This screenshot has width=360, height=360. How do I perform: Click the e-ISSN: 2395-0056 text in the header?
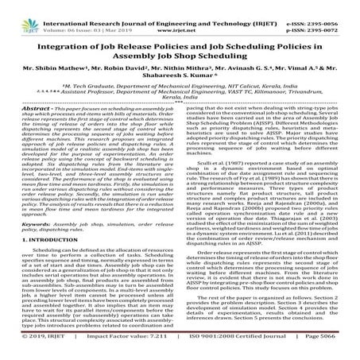click(323, 6)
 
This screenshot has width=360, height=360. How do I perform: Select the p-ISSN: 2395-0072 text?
click(323, 16)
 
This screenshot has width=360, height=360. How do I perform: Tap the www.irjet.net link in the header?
click(180, 16)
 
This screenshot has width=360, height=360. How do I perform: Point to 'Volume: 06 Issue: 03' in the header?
click(71, 16)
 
